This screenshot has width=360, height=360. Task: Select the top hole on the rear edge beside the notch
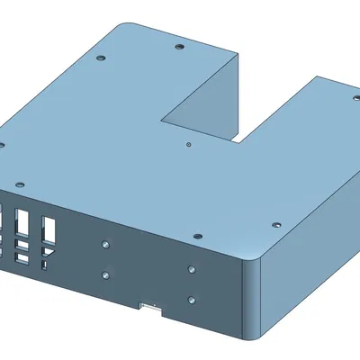[178, 43]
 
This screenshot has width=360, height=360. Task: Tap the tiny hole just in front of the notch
[188, 143]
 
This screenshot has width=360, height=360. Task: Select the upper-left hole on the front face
[106, 244]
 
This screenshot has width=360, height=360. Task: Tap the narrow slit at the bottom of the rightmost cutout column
[43, 267]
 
